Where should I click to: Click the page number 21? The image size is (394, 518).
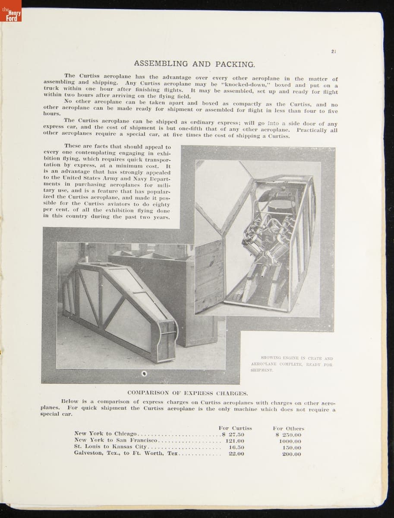(334, 51)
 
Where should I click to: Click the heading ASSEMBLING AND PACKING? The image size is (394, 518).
(194, 64)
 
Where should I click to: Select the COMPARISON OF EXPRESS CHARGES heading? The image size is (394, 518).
(188, 393)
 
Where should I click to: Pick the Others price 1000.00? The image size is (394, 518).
(290, 441)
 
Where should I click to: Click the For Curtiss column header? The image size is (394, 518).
(235, 428)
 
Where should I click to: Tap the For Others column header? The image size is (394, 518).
(289, 428)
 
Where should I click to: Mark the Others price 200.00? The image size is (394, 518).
(291, 454)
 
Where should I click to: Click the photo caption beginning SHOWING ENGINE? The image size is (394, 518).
(292, 364)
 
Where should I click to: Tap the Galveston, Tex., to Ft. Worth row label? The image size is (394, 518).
(126, 453)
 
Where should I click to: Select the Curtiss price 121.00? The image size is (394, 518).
(235, 441)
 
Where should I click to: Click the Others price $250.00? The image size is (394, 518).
(290, 435)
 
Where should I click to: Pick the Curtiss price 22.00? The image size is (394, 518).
(236, 454)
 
